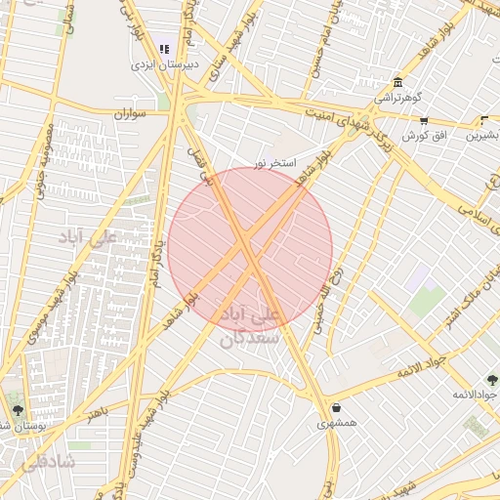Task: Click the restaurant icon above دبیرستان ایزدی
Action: [x=164, y=48]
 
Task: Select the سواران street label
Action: [x=128, y=114]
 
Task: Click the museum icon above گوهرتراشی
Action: [x=397, y=83]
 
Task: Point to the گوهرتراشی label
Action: [x=397, y=99]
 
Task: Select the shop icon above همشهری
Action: [x=337, y=408]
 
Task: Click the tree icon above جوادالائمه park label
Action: [x=491, y=379]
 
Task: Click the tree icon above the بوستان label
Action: [x=17, y=410]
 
